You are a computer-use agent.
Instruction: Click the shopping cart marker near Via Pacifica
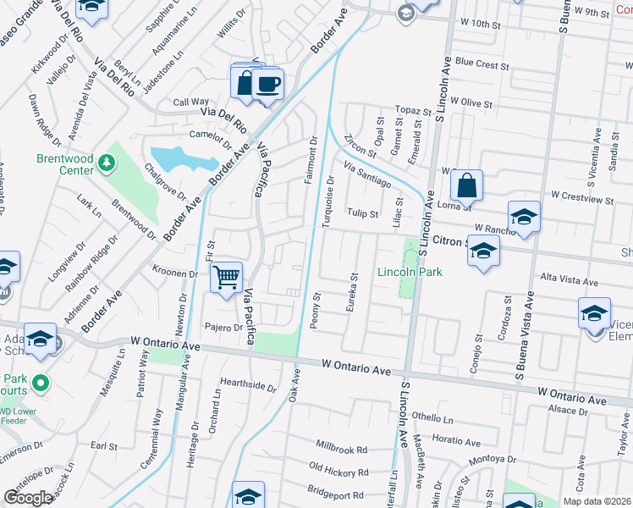coord(227,278)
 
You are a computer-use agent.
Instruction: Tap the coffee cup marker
coord(268,85)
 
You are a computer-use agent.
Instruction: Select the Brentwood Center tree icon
coord(106,161)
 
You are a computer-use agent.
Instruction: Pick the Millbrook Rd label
coord(341,449)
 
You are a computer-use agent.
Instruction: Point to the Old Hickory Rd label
coord(339,470)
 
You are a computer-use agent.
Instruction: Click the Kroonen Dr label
coord(174,273)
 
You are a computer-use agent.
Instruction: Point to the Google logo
coord(28,498)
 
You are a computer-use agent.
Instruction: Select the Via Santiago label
coord(368,174)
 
